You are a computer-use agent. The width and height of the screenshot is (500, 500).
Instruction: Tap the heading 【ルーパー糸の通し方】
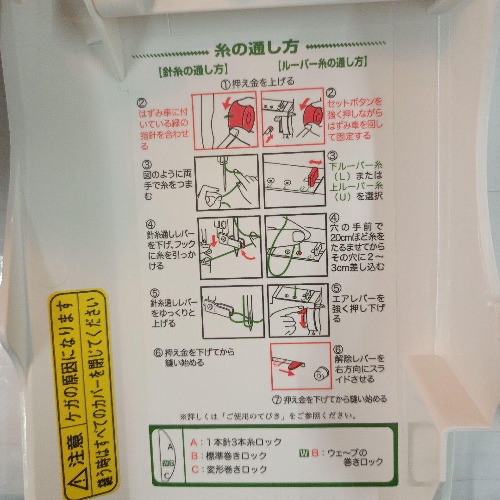323,62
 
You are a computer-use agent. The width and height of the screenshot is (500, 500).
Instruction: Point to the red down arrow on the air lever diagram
302,320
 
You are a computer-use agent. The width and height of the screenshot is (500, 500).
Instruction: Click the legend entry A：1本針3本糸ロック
237,442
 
